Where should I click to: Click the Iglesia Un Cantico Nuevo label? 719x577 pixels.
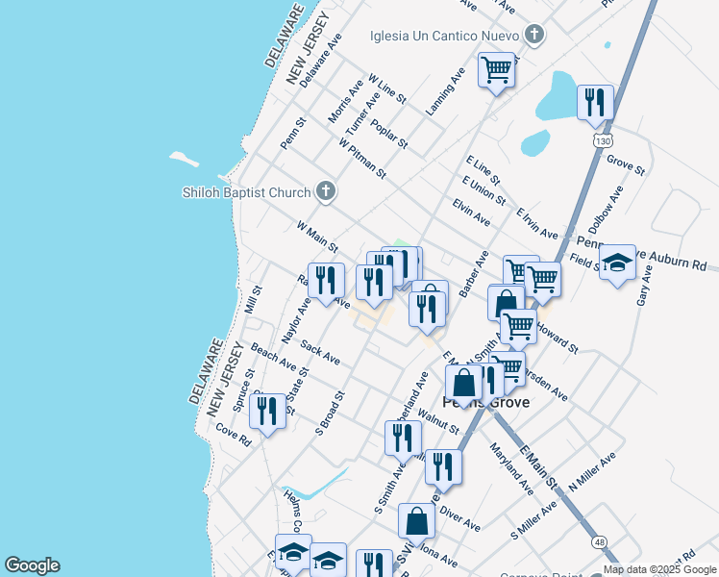[x=445, y=37]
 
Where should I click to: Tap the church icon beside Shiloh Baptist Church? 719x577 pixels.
[x=326, y=191]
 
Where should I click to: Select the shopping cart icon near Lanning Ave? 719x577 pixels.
[x=496, y=69]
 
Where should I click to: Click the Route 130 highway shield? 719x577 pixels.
[x=603, y=140]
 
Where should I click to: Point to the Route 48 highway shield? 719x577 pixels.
[x=599, y=543]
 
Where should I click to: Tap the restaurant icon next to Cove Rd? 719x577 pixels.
[x=267, y=411]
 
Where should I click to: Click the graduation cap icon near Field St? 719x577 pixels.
[x=617, y=263]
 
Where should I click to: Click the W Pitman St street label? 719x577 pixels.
[x=361, y=158]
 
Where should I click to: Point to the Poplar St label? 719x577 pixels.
[x=389, y=136]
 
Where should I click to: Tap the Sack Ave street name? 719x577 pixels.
[x=320, y=352]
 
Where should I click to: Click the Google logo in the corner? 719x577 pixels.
[x=32, y=565]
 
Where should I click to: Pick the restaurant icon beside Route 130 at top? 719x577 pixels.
[x=595, y=101]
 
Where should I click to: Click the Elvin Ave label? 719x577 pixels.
[x=471, y=213]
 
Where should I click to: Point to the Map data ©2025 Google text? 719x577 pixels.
[x=660, y=569]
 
